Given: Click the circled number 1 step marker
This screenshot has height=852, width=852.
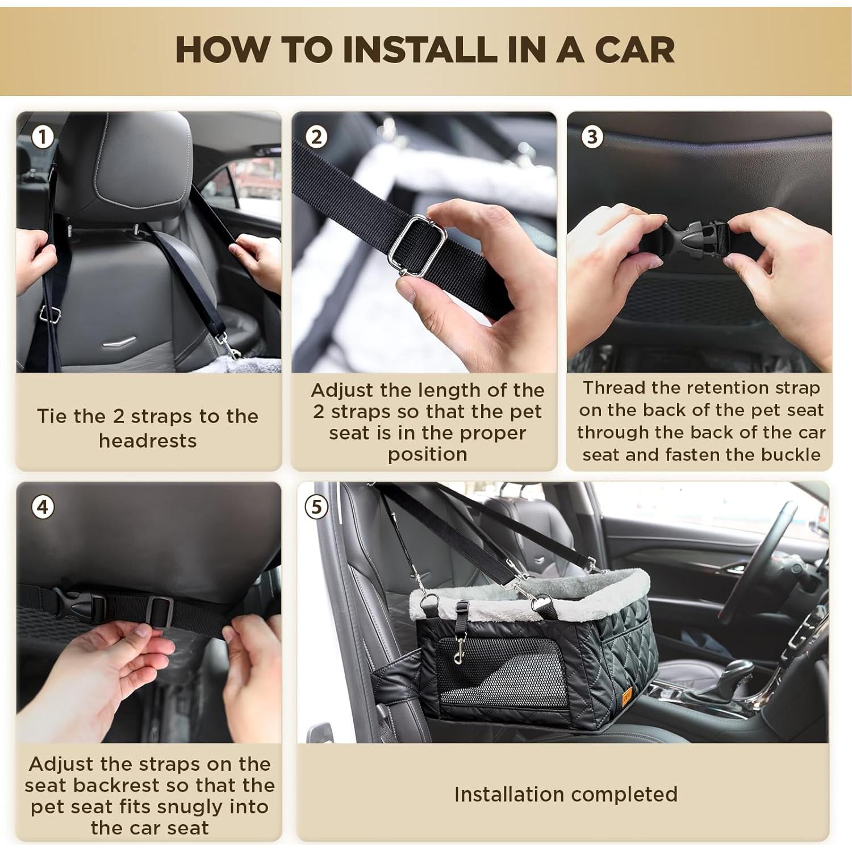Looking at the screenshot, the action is click(43, 137).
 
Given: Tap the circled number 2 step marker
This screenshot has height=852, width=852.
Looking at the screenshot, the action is click(316, 137).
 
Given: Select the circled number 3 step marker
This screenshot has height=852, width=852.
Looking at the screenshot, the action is click(592, 137).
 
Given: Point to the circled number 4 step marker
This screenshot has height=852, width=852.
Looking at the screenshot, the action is click(43, 507).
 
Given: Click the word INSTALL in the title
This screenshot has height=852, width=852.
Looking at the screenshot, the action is click(420, 49).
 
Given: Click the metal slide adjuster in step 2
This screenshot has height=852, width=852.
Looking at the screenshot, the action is click(417, 245).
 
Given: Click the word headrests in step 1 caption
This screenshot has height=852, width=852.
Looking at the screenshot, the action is click(148, 441).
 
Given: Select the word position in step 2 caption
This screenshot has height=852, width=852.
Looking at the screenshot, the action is click(427, 455).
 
